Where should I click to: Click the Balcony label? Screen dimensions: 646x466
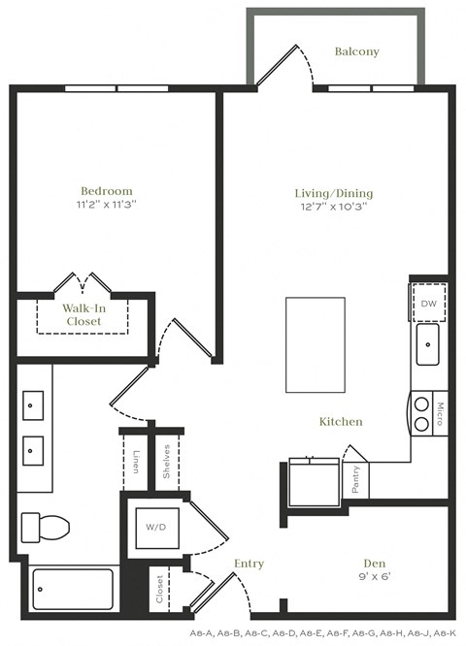[x=356, y=51]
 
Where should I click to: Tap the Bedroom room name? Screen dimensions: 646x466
[x=107, y=191]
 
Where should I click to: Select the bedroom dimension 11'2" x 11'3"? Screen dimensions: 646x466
[x=107, y=205]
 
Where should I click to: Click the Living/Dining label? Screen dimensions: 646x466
[x=334, y=193]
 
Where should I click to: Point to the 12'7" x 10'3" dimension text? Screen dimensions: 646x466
[x=334, y=207]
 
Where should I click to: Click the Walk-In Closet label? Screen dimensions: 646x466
[x=83, y=314]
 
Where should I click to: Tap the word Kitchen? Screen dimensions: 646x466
[x=341, y=422]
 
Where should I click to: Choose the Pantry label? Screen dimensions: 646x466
[x=356, y=478]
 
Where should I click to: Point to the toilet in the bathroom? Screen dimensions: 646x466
[x=46, y=527]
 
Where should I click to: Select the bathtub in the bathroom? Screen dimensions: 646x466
[x=72, y=588]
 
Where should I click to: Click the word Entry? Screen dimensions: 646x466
[x=250, y=563]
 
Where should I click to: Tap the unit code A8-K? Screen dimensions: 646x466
[x=445, y=631]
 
